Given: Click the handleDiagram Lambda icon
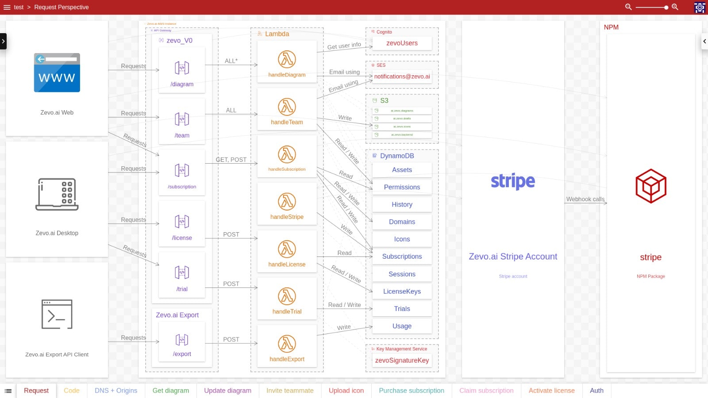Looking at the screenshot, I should pos(287,59).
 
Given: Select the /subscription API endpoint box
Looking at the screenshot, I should pos(182,172).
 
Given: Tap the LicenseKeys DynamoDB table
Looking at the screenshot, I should pos(402,291).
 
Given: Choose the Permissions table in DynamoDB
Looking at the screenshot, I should pos(402,187).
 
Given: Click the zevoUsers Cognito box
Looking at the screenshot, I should pos(402,43).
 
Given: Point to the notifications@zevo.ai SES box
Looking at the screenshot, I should pos(402,77).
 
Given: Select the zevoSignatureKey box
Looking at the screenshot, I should pos(402,360).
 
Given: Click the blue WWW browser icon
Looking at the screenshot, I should pos(57,73).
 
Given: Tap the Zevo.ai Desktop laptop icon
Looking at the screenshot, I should pos(57,195).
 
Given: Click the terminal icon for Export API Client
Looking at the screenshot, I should pos(57,314).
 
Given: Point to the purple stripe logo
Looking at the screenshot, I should pos(513,181).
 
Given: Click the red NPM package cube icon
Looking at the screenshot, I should pos(651,186).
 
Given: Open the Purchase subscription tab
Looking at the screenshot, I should pos(412,391).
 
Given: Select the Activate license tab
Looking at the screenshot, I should pos(551,391).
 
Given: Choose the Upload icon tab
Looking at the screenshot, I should pos(346,391).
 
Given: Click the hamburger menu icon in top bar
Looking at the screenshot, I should pos(7,7).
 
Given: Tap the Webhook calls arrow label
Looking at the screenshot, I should pos(585,199).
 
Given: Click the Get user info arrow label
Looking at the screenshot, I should pos(344,46).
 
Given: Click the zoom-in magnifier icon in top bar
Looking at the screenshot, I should pos(675,7).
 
